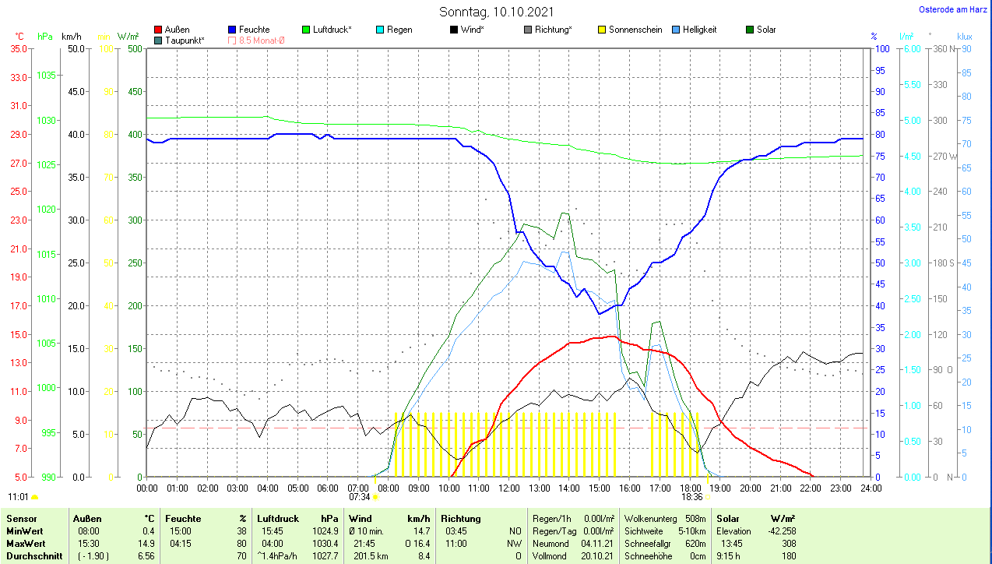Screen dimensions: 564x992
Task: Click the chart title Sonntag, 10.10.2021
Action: pos(495,12)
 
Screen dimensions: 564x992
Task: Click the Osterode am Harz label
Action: pos(954,9)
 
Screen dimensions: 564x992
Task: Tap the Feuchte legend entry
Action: pos(254,30)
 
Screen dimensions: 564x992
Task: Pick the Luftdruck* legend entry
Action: pos(331,30)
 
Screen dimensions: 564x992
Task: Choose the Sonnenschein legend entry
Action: pos(635,30)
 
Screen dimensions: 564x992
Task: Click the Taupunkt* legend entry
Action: pos(184,40)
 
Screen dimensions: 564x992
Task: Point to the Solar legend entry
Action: pos(765,30)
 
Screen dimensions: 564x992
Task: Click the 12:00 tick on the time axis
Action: pos(508,488)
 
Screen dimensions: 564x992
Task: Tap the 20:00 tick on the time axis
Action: pos(750,488)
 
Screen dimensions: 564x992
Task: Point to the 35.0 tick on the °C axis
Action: pos(19,48)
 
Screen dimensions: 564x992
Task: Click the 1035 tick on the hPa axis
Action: pos(47,76)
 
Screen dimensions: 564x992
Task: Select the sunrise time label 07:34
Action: pos(359,497)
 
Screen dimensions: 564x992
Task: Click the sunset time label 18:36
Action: pos(691,497)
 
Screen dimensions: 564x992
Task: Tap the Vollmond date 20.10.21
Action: pos(596,556)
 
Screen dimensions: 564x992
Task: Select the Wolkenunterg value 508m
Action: pos(695,518)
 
